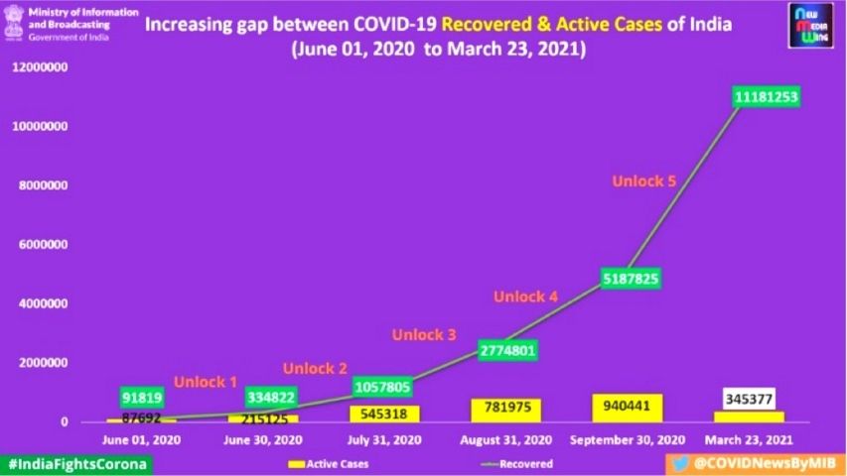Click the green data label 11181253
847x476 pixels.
coord(767,96)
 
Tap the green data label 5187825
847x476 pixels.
coord(628,278)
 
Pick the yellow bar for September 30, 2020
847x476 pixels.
coord(628,408)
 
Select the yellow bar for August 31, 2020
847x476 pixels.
coord(511,410)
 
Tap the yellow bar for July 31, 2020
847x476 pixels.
coord(385,414)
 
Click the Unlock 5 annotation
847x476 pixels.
coord(643,180)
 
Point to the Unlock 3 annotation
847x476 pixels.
coord(424,334)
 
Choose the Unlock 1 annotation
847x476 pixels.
coord(206,381)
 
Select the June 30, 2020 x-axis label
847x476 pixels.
coord(263,440)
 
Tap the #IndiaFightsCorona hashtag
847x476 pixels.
coord(76,463)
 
